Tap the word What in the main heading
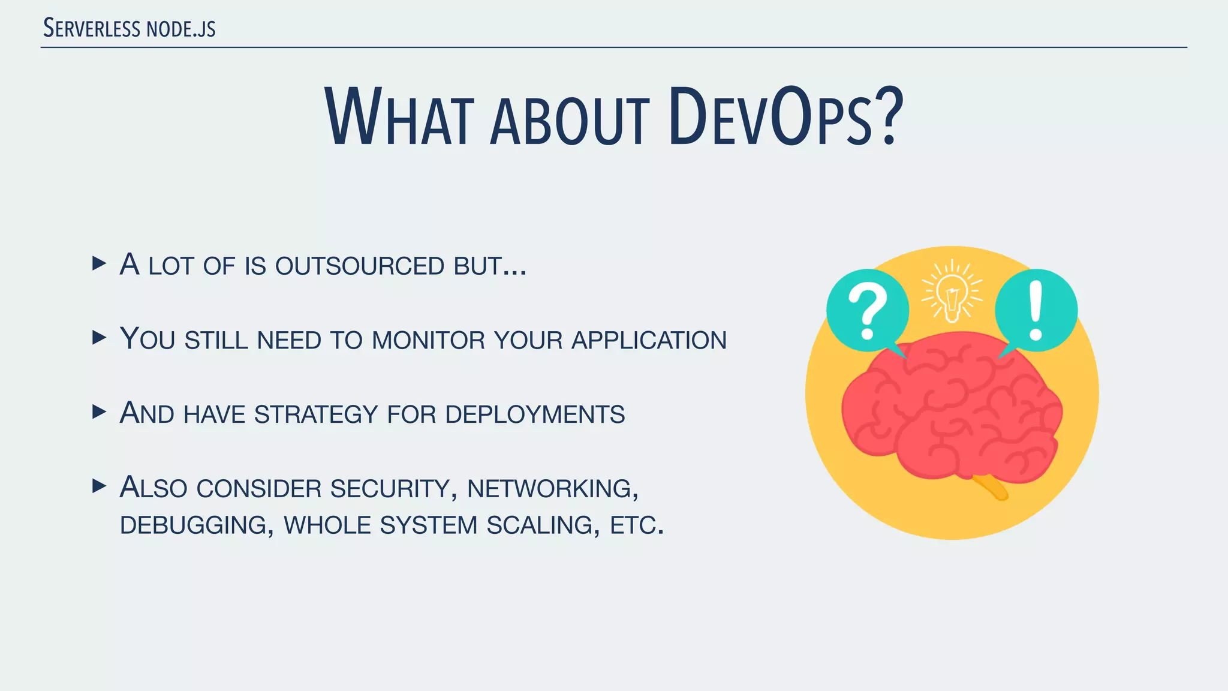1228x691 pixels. click(400, 117)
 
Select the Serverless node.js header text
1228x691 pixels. click(130, 28)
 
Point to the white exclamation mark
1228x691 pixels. click(1036, 311)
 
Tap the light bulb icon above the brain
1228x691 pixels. click(952, 293)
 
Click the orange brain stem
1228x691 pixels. click(991, 486)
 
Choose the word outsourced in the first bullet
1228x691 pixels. click(359, 266)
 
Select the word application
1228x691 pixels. click(649, 340)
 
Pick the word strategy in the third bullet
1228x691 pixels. click(316, 414)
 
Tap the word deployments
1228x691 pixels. click(535, 414)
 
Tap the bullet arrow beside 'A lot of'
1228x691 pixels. click(100, 263)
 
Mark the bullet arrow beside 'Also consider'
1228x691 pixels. click(100, 486)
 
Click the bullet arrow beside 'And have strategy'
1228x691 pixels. click(100, 411)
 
